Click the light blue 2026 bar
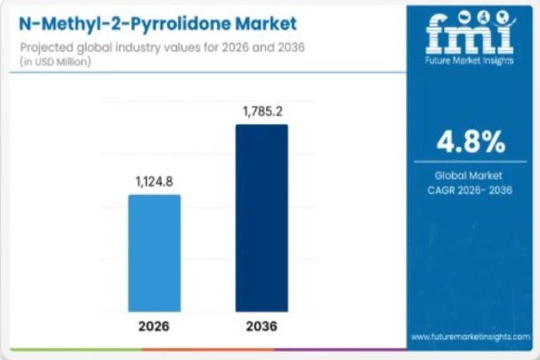pyautogui.click(x=155, y=253)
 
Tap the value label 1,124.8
pyautogui.click(x=155, y=181)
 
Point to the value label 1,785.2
pyautogui.click(x=261, y=111)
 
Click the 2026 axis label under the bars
pyautogui.click(x=155, y=327)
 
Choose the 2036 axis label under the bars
pyautogui.click(x=261, y=327)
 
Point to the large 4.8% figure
pyautogui.click(x=470, y=141)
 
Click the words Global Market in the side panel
pyautogui.click(x=470, y=175)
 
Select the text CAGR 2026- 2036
pyautogui.click(x=470, y=190)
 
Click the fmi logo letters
pyautogui.click(x=470, y=35)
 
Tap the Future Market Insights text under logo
pyautogui.click(x=470, y=60)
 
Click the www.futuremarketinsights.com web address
pyautogui.click(x=470, y=336)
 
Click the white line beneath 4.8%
pyautogui.click(x=470, y=161)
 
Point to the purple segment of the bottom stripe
pyautogui.click(x=337, y=349)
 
